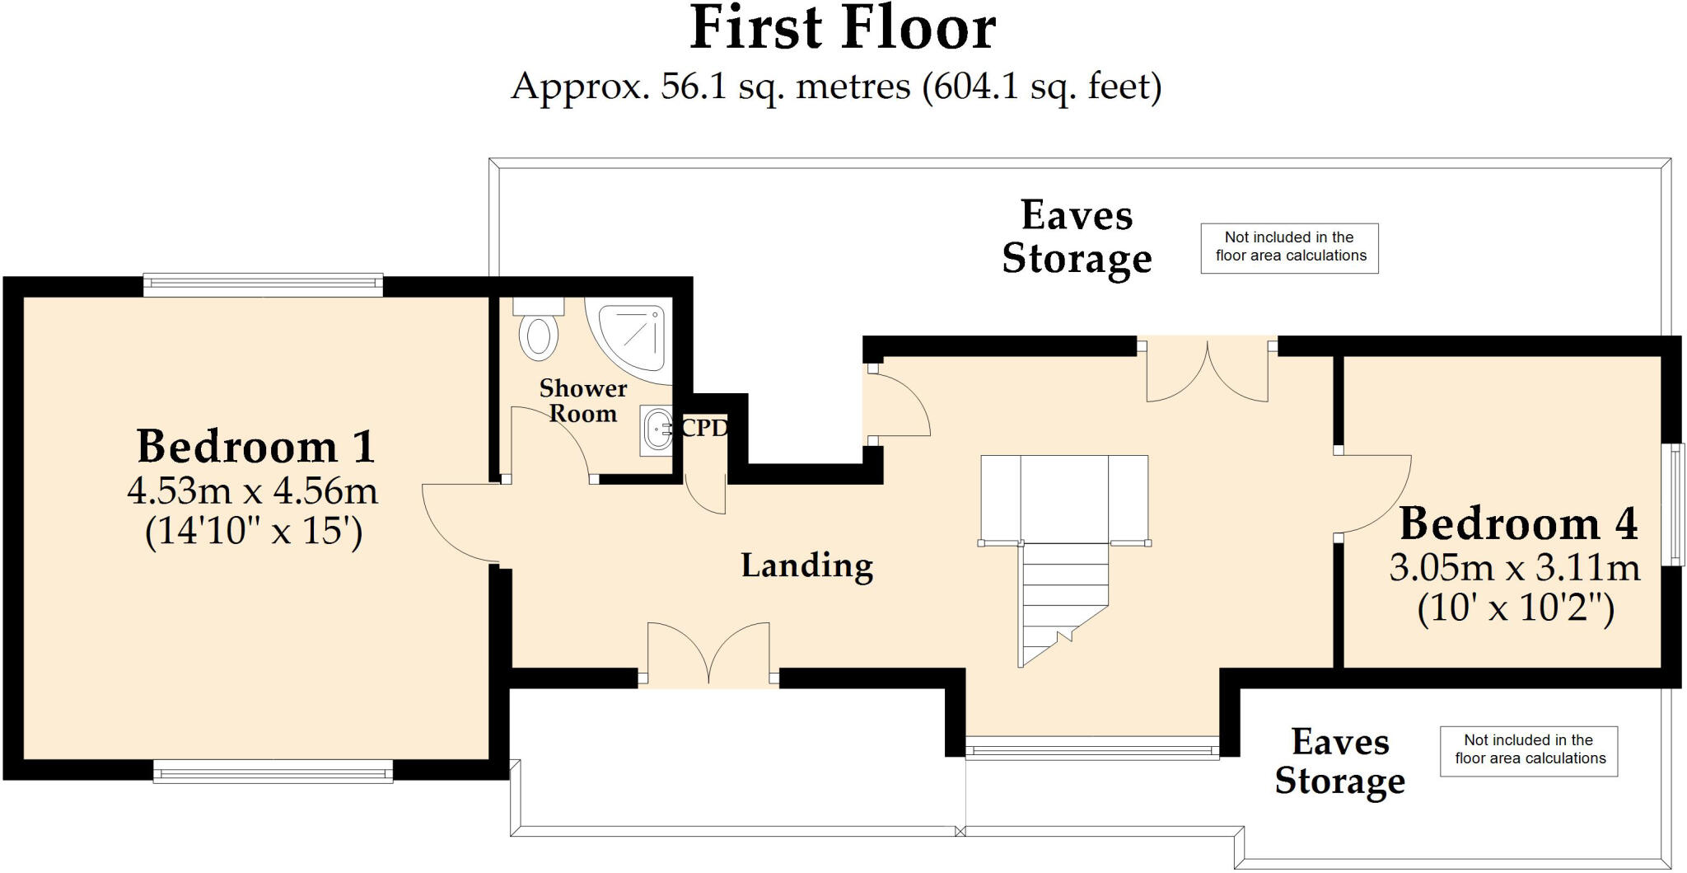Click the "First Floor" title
pos(843,29)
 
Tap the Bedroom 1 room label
pos(255,447)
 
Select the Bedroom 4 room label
pos(1518,523)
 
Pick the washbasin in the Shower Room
pos(657,429)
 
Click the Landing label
pos(807,566)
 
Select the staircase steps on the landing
pos(1064,605)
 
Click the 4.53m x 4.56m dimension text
pos(253,491)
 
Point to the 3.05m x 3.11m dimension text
pos(1515,568)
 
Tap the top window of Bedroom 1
pos(263,285)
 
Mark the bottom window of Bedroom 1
pos(273,772)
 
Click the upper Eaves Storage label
pos(1077,237)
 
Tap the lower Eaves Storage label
pos(1340,762)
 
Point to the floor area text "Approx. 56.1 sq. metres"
pos(709,87)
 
